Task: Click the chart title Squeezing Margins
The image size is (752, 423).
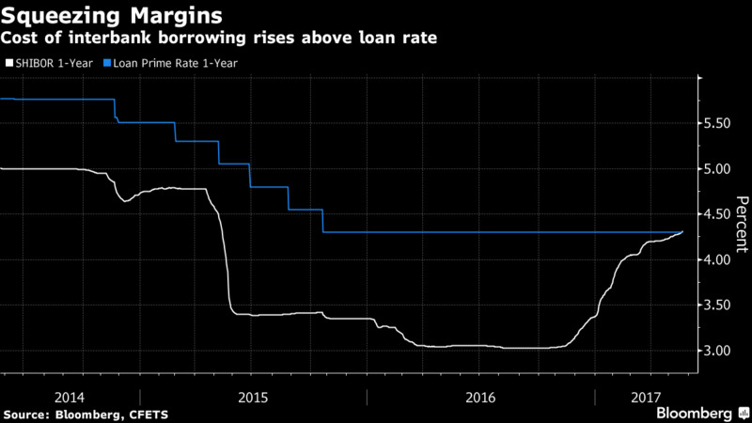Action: (112, 16)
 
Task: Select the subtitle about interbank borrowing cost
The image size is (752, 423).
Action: (219, 38)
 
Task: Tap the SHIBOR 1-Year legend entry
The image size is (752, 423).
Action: (50, 63)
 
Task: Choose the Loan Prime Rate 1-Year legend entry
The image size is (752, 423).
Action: (171, 63)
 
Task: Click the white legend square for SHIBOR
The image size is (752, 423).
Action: (9, 63)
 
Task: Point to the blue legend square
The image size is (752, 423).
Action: (107, 63)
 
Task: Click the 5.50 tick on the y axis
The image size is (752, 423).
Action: (717, 123)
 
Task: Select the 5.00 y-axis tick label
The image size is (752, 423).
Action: (717, 169)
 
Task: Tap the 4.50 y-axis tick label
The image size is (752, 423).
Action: (717, 214)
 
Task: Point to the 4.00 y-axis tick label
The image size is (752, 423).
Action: (717, 259)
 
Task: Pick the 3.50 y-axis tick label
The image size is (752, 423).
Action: (717, 305)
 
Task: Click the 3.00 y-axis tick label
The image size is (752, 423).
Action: (717, 351)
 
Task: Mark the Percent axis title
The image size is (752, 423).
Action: (742, 224)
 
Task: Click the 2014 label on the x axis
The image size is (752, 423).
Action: (70, 398)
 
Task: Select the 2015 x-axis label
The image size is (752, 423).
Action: (253, 398)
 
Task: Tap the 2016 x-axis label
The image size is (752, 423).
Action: (480, 398)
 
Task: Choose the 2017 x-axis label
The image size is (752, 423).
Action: (646, 398)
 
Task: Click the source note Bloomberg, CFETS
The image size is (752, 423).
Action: (86, 415)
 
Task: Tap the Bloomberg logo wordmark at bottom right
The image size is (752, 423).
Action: (694, 413)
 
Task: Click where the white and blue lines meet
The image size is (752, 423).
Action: (681, 232)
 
